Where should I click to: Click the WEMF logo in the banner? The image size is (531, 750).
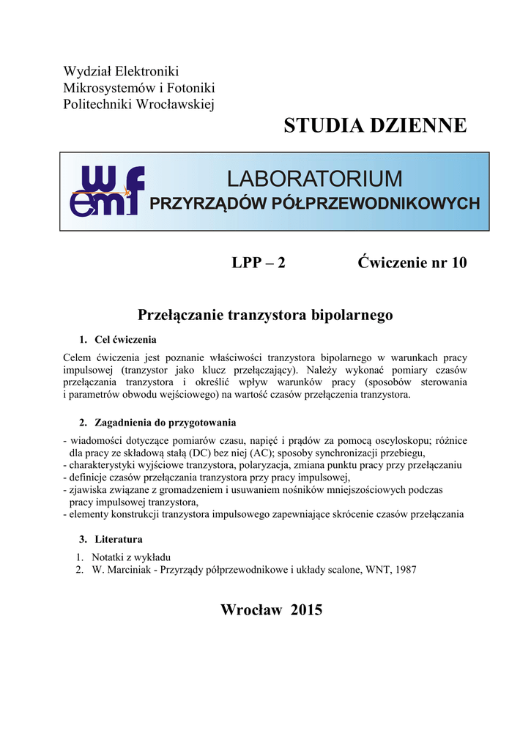[106, 191]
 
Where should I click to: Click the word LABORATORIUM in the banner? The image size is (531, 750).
[314, 178]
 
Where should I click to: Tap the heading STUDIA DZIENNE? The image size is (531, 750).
[375, 125]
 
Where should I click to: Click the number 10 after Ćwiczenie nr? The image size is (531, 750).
[458, 263]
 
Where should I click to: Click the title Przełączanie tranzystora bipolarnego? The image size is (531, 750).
[265, 315]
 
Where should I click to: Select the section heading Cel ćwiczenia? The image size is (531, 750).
[125, 340]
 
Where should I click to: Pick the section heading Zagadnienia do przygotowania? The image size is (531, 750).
[166, 423]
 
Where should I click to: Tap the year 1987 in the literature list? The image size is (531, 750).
[405, 570]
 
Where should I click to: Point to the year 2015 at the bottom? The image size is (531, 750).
[306, 610]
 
